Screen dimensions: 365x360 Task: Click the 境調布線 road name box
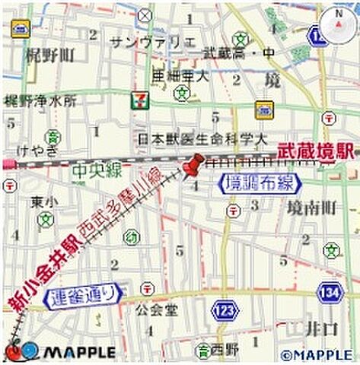[260, 182]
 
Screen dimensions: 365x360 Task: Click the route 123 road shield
[225, 310]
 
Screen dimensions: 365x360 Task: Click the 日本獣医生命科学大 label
[202, 139]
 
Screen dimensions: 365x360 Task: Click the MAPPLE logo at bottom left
[61, 352]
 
